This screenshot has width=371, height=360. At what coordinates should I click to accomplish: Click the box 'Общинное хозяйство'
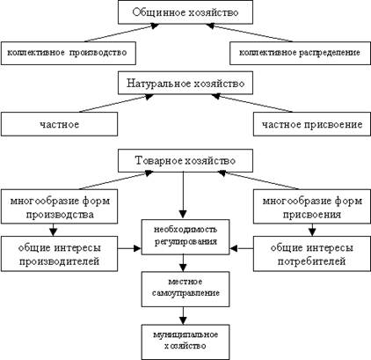(x=185, y=12)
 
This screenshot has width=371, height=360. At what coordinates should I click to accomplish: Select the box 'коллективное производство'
(x=69, y=53)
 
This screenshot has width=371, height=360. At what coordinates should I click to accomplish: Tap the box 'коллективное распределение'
(x=300, y=53)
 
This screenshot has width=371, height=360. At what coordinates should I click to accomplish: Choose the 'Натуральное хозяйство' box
(x=185, y=83)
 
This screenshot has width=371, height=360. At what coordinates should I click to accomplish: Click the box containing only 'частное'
(x=59, y=124)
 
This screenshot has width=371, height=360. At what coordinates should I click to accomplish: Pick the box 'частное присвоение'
(x=312, y=124)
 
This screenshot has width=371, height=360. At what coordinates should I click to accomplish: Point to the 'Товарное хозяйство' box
(x=185, y=160)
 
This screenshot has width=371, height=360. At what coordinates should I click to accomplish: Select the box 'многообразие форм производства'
(x=59, y=207)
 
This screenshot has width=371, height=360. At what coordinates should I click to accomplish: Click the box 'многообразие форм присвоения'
(x=312, y=207)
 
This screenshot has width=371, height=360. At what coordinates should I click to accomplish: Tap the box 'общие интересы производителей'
(x=59, y=253)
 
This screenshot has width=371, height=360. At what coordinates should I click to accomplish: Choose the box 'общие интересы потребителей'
(x=312, y=253)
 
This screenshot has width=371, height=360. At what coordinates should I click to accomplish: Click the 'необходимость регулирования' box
(x=185, y=237)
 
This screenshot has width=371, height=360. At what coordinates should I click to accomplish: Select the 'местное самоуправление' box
(x=185, y=289)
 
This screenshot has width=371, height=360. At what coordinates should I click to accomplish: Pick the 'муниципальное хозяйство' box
(x=185, y=342)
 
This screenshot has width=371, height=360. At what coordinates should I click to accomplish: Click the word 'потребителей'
(x=312, y=261)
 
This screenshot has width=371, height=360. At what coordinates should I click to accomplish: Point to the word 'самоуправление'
(x=185, y=293)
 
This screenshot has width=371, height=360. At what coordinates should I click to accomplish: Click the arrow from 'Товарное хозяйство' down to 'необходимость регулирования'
(x=183, y=195)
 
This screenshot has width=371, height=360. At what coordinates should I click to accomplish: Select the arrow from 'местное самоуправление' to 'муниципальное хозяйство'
(x=183, y=316)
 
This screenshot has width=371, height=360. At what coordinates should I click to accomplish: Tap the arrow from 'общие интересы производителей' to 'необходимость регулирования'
(x=129, y=248)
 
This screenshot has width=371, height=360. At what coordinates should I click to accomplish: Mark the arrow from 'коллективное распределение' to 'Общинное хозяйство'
(x=249, y=33)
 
